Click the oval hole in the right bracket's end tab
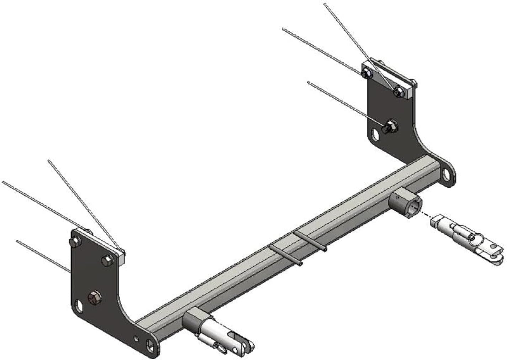pos(446,174)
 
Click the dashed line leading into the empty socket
pos(428,215)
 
